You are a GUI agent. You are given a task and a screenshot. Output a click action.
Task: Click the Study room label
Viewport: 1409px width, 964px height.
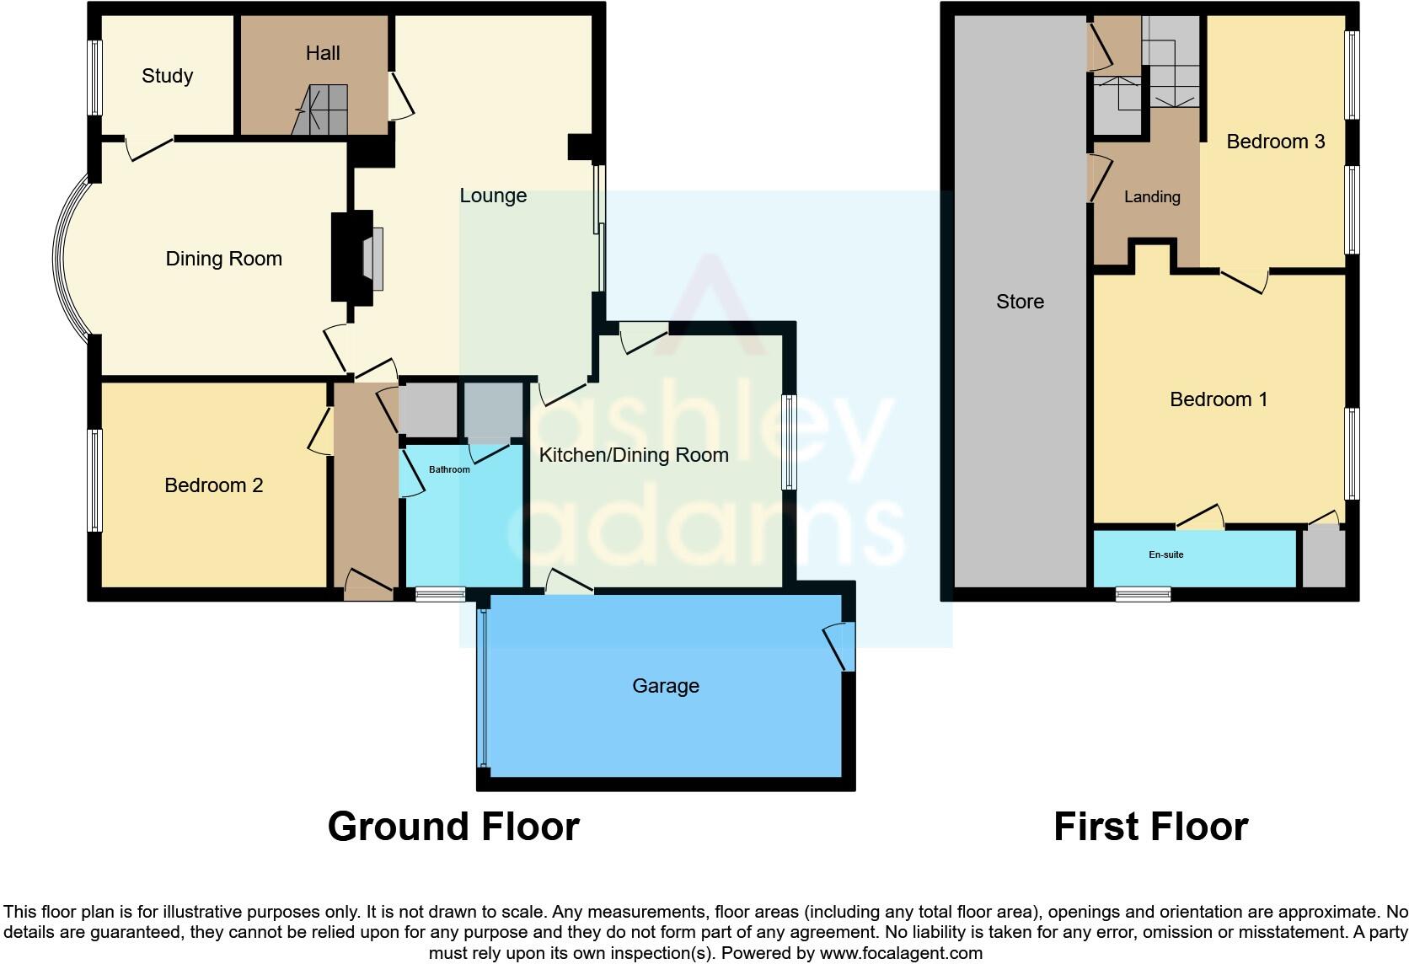167,76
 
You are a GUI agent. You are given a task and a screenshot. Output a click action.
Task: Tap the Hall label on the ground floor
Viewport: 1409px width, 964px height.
323,53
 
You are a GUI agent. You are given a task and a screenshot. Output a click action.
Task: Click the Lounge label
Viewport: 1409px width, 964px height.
493,195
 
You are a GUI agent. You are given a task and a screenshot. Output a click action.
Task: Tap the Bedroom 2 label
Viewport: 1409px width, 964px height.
213,485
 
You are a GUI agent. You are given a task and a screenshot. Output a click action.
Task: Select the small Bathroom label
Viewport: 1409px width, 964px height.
449,469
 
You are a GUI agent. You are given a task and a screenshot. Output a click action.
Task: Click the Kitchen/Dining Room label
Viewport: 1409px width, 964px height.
633,455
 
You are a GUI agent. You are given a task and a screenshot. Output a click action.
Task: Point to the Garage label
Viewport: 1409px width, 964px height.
666,686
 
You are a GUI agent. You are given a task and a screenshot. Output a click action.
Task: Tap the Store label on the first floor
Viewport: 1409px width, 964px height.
1020,302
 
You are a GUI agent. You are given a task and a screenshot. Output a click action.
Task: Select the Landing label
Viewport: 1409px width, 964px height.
1152,197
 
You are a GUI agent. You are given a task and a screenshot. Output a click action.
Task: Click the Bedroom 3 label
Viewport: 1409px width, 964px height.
1275,142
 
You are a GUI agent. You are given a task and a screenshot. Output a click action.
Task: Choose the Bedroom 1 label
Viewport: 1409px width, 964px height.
1219,399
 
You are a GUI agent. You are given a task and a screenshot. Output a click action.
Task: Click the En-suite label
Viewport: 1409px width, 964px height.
1166,554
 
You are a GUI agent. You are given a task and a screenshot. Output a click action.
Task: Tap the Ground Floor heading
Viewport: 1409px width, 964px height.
453,827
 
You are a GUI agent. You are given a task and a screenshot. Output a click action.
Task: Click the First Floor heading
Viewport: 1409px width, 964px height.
1150,827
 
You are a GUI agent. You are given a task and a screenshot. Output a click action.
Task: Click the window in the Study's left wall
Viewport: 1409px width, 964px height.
95,77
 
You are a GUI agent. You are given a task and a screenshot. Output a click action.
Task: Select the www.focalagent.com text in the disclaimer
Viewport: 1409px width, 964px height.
900,953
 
